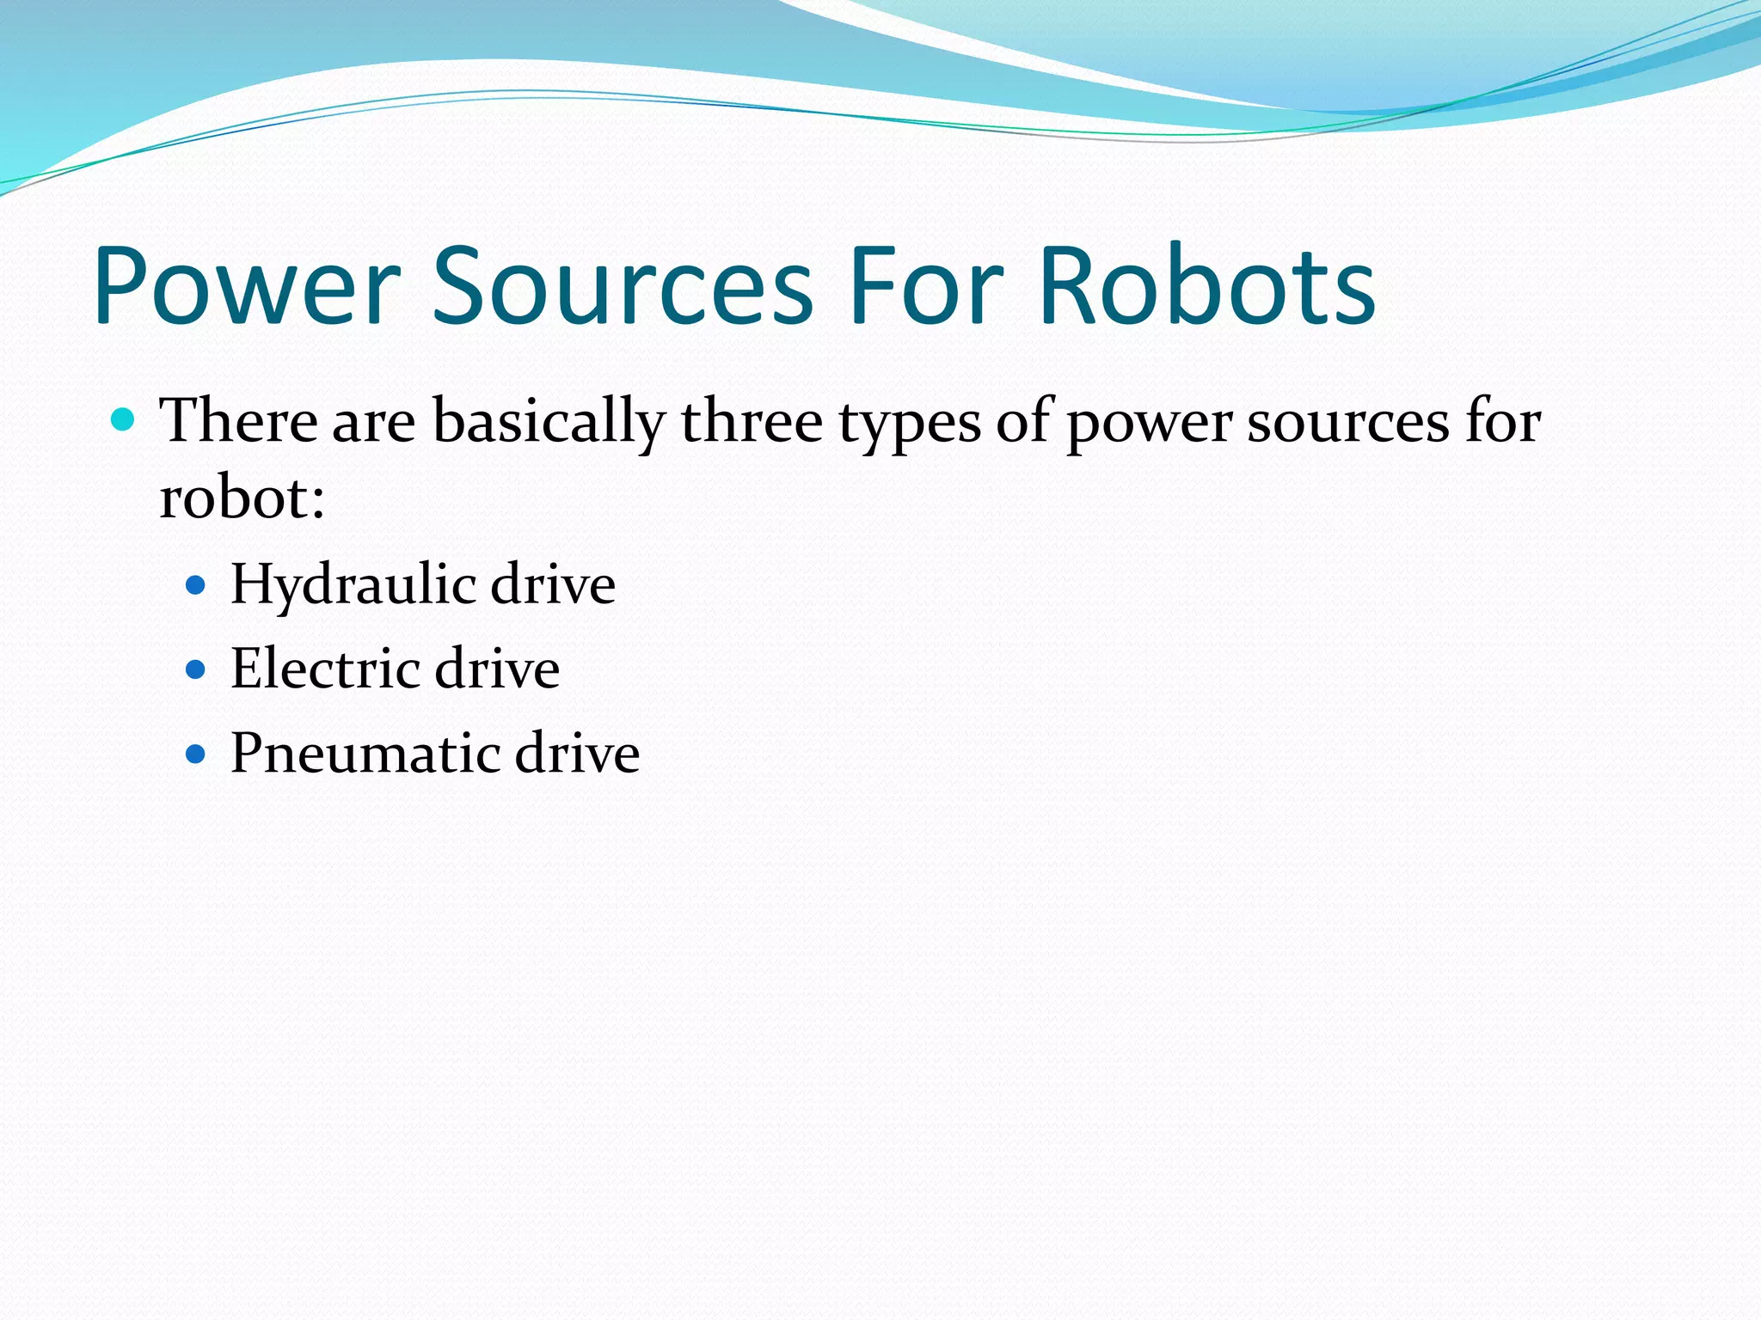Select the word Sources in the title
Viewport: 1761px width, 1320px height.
pyautogui.click(x=622, y=288)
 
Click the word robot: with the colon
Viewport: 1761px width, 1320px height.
pyautogui.click(x=242, y=498)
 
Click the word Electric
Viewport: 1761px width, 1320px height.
pyautogui.click(x=324, y=669)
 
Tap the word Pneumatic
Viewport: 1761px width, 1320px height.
pyautogui.click(x=365, y=754)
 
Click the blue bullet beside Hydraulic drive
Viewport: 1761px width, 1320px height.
pyautogui.click(x=196, y=586)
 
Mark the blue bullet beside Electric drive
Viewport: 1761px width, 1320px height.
pyautogui.click(x=196, y=669)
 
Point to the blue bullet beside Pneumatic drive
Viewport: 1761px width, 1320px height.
pyautogui.click(x=196, y=755)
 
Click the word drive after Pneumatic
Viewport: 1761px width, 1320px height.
pyautogui.click(x=577, y=754)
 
